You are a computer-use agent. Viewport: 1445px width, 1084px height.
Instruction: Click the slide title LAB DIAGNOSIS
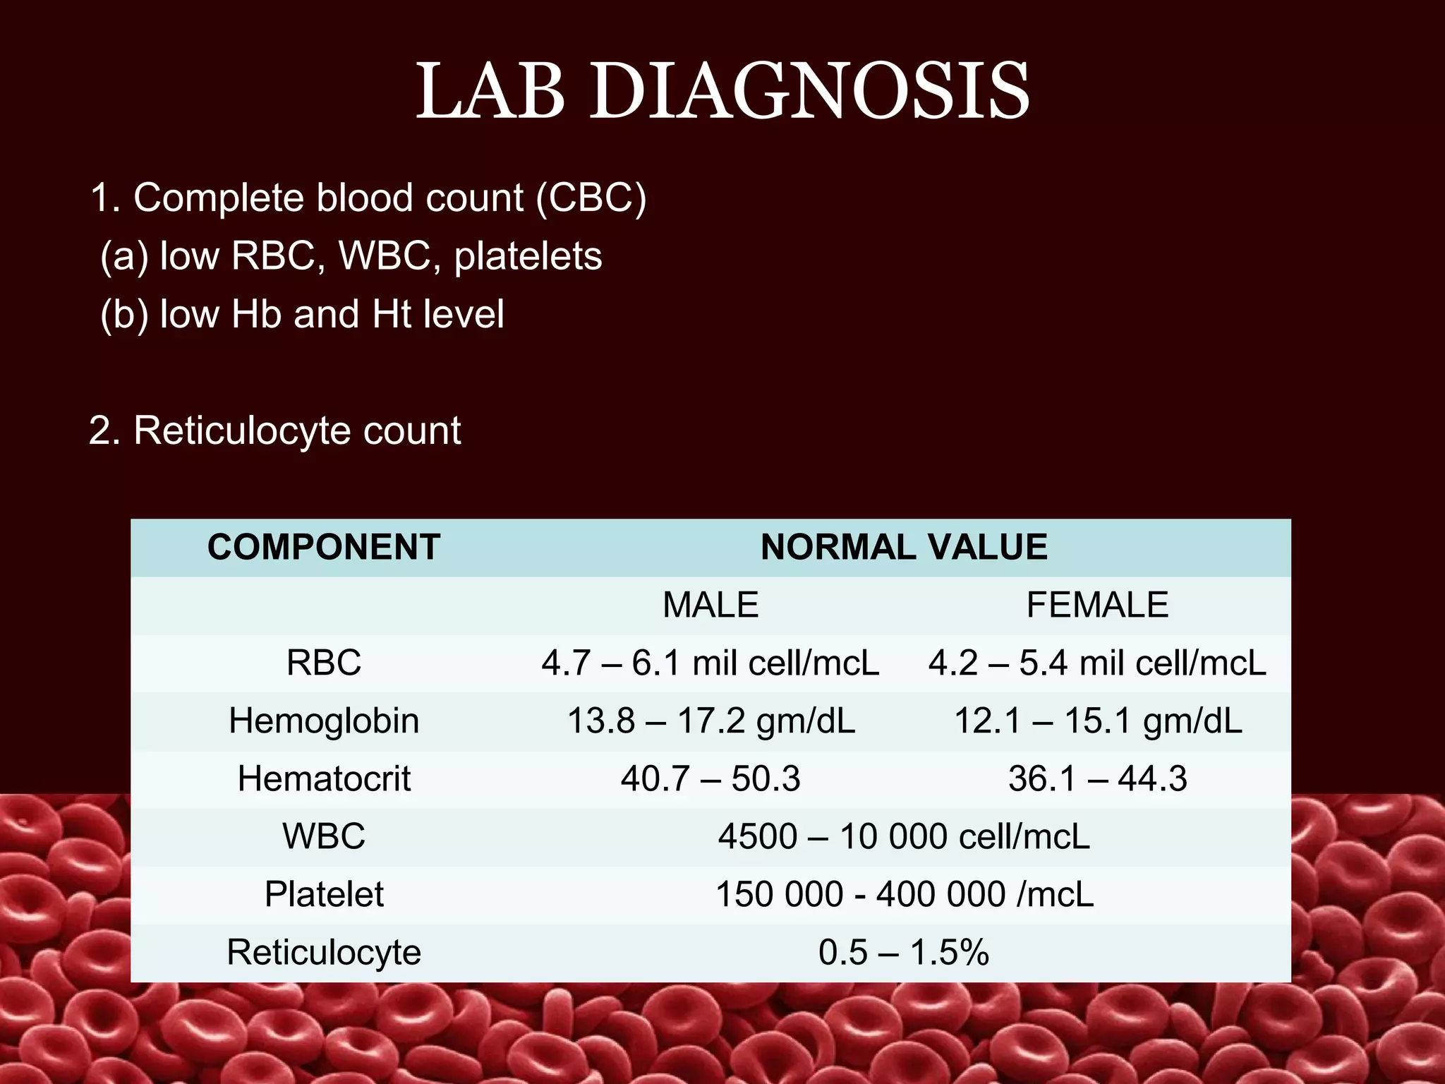tap(722, 92)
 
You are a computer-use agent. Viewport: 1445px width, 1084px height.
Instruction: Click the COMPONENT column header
tap(324, 547)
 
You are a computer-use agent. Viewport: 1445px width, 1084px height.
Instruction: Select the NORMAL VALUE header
tap(904, 547)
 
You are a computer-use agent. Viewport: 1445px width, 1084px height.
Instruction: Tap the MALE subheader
tap(711, 605)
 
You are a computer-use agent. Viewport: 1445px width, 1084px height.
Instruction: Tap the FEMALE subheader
tap(1097, 605)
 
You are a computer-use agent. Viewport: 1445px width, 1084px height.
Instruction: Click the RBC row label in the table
tap(324, 663)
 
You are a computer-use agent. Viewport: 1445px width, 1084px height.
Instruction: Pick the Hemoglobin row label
tap(324, 721)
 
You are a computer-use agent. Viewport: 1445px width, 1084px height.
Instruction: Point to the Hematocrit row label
tap(324, 778)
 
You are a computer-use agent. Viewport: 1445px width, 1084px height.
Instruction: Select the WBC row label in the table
tap(324, 836)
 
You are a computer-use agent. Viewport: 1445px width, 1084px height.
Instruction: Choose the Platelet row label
tap(324, 894)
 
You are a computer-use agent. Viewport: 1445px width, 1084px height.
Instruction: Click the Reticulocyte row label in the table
tap(324, 952)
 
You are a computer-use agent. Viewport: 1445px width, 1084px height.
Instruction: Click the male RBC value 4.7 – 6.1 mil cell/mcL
tap(711, 663)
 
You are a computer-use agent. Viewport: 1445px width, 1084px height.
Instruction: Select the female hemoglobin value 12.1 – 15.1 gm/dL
tap(1097, 721)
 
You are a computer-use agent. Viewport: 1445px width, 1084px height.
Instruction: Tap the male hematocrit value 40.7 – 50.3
tap(711, 778)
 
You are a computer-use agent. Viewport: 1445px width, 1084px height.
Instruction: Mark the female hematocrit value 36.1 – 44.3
tap(1097, 778)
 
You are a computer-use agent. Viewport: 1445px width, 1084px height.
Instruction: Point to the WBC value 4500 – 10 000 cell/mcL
tap(904, 836)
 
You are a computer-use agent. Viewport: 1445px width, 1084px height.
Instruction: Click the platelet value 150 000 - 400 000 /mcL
tap(904, 894)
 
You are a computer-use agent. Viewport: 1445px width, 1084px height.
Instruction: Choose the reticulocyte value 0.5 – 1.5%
tap(904, 952)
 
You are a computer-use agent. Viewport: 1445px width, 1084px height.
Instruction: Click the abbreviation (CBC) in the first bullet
tap(591, 198)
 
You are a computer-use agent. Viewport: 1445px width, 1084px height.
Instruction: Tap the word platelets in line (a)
tap(528, 255)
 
